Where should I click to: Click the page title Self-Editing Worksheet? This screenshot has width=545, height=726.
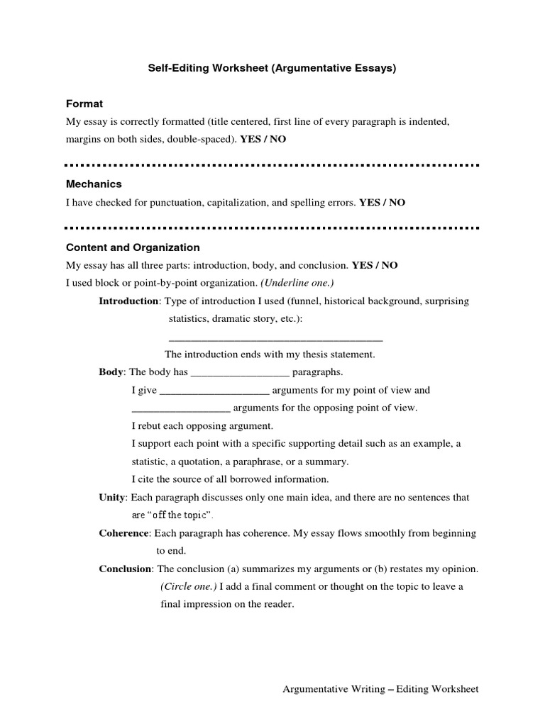click(x=272, y=69)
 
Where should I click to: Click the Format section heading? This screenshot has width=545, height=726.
click(x=84, y=104)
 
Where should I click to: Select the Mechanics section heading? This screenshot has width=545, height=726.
click(x=94, y=184)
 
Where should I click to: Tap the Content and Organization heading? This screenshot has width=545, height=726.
click(x=133, y=248)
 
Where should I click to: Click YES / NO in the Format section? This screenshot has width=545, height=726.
click(x=263, y=140)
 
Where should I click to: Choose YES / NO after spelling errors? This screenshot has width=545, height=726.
click(x=382, y=203)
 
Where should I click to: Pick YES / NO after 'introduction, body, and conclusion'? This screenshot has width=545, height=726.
click(x=375, y=266)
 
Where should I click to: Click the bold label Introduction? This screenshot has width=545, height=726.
click(x=128, y=301)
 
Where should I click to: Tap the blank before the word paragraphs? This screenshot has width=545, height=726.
click(x=241, y=372)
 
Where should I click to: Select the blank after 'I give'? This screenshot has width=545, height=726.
click(x=214, y=390)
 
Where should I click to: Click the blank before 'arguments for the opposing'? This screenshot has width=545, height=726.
click(x=181, y=408)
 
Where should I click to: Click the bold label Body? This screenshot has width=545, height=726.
click(x=111, y=372)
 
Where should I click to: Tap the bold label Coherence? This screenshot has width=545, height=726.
click(x=123, y=533)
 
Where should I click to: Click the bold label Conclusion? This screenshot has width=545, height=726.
click(x=125, y=569)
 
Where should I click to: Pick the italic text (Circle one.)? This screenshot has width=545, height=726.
click(x=188, y=587)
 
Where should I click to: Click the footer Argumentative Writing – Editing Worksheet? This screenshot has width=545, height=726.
click(x=381, y=689)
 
